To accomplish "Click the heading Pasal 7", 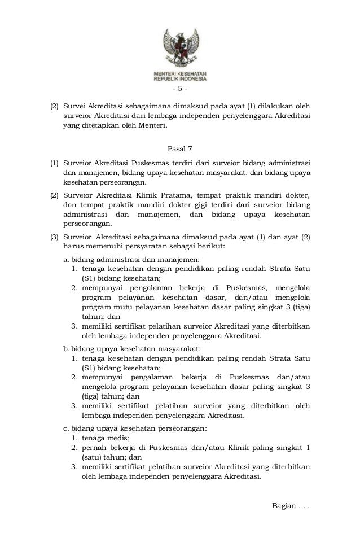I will point(180,149).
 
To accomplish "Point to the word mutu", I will point(121,307).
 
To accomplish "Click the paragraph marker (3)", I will point(55,237).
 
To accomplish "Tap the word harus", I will point(72,247).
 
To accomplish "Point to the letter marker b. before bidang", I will point(66,348).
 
